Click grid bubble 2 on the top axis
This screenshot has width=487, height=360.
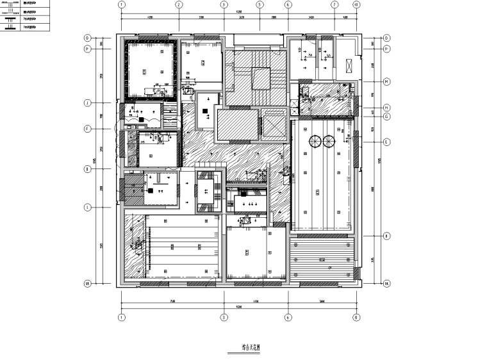click(179, 4)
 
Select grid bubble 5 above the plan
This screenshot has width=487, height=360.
click(260, 4)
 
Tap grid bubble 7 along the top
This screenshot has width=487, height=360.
click(334, 4)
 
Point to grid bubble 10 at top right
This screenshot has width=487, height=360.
click(356, 4)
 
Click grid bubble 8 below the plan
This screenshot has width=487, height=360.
click(356, 317)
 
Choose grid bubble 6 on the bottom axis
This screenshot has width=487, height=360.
click(288, 317)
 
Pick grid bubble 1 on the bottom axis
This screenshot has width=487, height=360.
click(120, 317)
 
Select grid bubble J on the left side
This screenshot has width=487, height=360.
click(87, 102)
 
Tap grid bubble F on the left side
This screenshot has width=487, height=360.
click(87, 129)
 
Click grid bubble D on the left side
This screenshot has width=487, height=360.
click(87, 38)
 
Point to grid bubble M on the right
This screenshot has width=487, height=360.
click(387, 82)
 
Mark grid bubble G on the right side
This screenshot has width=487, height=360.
click(387, 117)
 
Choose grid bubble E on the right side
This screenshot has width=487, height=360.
click(387, 142)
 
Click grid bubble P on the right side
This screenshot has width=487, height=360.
click(387, 49)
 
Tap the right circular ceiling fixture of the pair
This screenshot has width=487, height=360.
click(330, 142)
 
